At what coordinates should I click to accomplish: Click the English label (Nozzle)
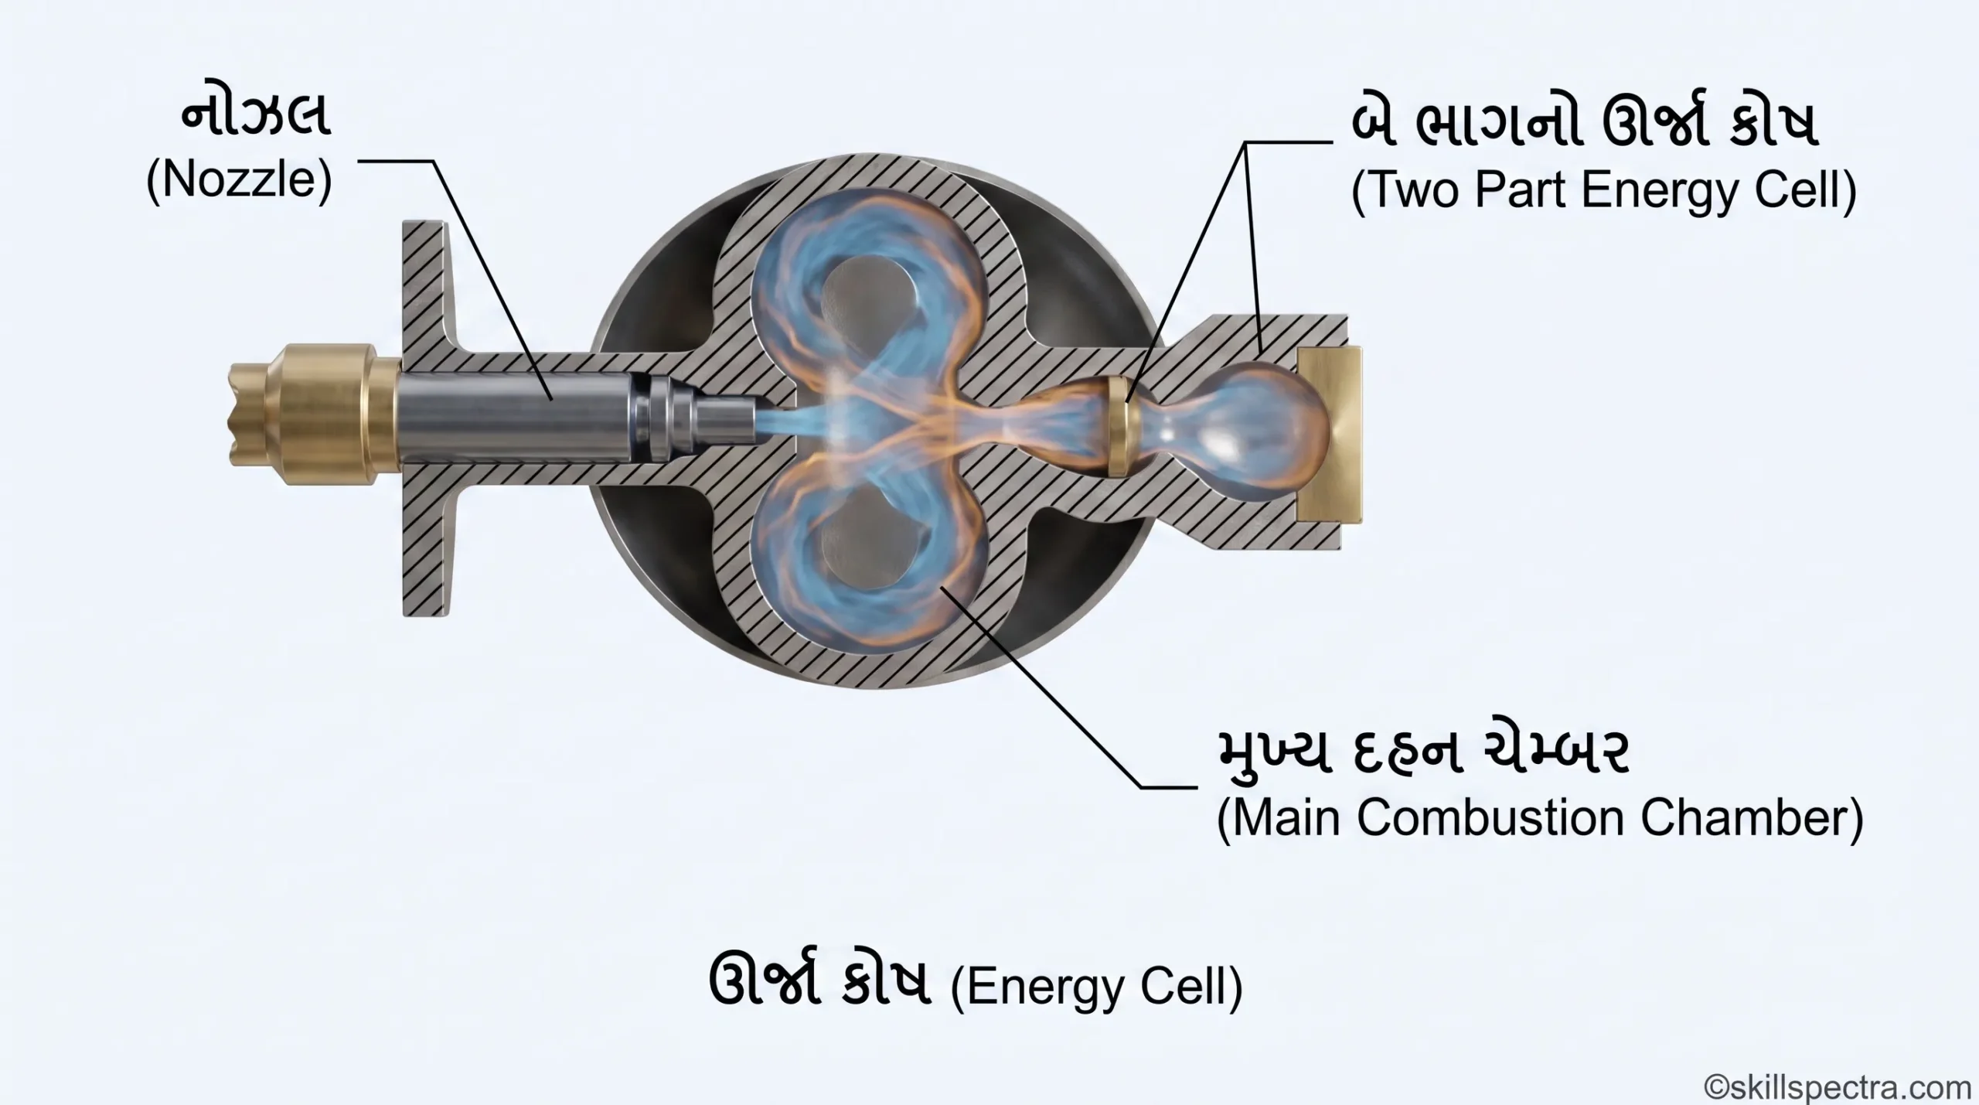point(239,181)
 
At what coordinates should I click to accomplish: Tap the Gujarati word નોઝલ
point(256,118)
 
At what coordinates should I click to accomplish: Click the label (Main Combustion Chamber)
point(1539,818)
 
